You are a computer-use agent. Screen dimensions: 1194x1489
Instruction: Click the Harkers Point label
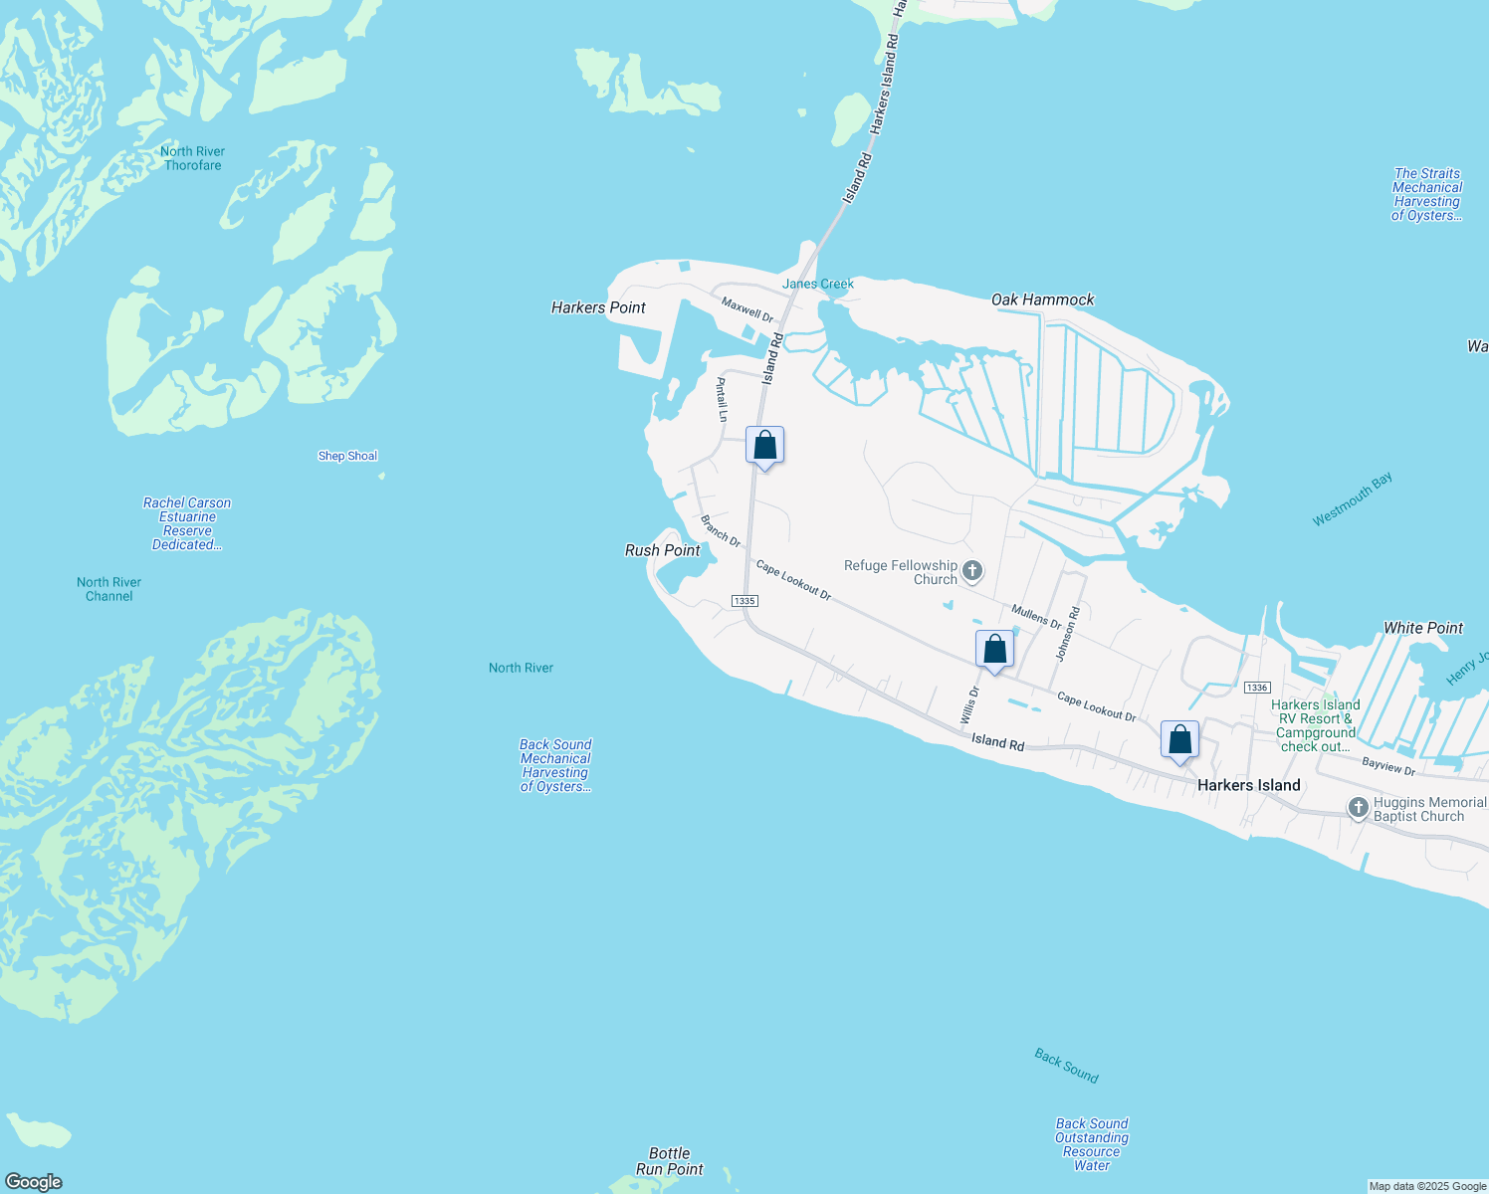click(598, 307)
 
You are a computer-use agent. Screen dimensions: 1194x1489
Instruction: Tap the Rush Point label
click(662, 550)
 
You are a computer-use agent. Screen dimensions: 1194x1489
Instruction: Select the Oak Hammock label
click(1042, 299)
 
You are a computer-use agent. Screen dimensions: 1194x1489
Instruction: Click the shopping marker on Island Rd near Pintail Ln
click(764, 446)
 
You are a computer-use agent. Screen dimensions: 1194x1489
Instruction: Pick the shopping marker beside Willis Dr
click(994, 650)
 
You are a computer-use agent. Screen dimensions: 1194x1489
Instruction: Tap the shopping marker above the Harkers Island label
click(1179, 740)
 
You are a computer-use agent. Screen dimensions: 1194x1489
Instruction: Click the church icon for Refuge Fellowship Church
click(972, 571)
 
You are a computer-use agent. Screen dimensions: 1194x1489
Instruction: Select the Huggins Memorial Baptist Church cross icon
click(1359, 808)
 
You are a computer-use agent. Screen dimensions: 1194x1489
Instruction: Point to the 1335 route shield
click(744, 601)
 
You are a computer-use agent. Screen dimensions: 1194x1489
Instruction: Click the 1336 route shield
click(1257, 688)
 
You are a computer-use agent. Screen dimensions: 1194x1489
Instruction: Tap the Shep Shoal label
click(347, 456)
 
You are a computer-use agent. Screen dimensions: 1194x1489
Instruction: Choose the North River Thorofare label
click(193, 158)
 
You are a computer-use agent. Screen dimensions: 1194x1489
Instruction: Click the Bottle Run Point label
click(670, 1161)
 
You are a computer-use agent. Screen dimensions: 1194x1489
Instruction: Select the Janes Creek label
click(818, 284)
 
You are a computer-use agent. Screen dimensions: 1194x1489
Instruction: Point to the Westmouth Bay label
click(1352, 499)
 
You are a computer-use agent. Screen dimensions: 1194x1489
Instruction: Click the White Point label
click(1423, 628)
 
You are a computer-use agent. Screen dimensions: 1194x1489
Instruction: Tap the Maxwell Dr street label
click(747, 309)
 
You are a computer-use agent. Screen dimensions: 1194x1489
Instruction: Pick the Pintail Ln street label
click(723, 399)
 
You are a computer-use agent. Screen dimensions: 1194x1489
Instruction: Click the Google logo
click(34, 1182)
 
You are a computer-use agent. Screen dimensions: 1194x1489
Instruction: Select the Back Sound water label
click(1066, 1066)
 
